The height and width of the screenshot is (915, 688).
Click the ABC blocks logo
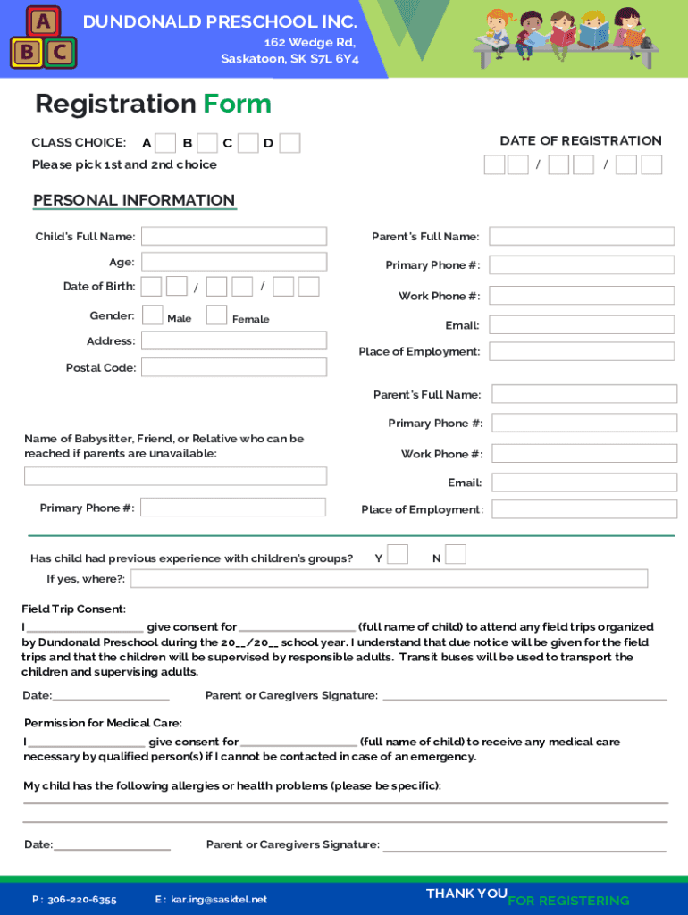[43, 38]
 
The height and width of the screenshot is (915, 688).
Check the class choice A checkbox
[165, 143]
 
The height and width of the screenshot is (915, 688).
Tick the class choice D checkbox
[289, 143]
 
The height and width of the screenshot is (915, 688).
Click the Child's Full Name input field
[234, 236]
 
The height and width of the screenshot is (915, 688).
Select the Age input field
[234, 262]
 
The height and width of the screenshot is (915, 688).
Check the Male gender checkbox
[153, 315]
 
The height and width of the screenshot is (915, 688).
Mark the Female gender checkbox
[216, 315]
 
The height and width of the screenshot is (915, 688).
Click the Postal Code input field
[234, 367]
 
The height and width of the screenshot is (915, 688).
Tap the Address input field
[234, 340]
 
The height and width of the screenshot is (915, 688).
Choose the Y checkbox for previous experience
[398, 555]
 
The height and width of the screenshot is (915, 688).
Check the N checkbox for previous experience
[456, 555]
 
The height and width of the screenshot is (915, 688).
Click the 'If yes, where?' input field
[389, 579]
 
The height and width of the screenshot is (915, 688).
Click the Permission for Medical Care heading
[103, 723]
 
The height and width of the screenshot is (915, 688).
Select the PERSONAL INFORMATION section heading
[134, 200]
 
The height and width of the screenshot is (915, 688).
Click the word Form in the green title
[237, 104]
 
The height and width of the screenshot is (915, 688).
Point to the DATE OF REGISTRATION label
[580, 140]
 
